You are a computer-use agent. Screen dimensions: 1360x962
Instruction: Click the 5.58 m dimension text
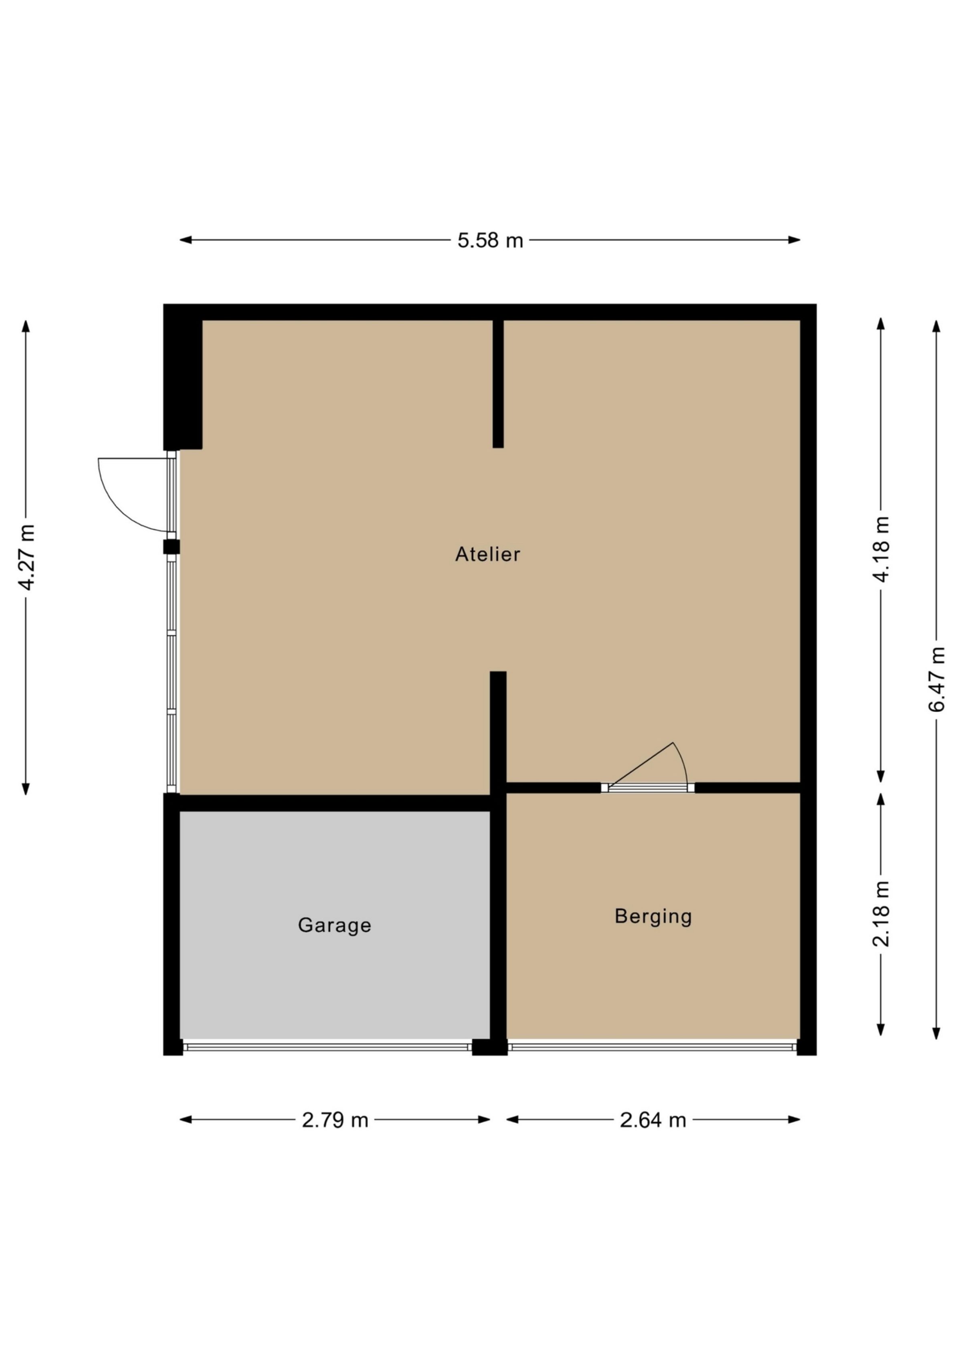pos(490,240)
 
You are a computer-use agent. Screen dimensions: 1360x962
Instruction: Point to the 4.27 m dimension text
pos(27,557)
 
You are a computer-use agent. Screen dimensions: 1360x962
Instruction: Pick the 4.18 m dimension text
pos(881,549)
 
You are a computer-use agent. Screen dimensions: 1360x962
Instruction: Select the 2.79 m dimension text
pos(335,1120)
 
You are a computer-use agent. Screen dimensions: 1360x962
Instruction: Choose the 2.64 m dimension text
pos(653,1120)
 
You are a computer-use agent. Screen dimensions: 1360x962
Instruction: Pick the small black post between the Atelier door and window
pos(171,547)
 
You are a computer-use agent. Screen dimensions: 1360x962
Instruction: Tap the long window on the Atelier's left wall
pos(172,675)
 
